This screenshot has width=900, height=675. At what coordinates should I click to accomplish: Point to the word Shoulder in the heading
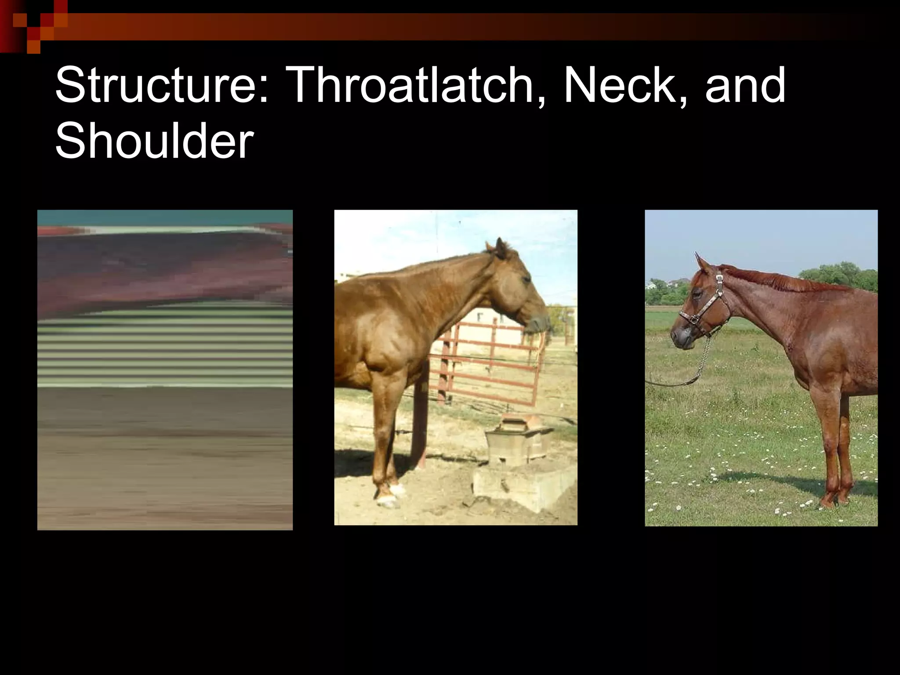click(x=154, y=141)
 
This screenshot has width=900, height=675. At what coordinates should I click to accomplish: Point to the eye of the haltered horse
click(x=697, y=294)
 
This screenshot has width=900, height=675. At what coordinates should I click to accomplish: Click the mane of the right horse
click(x=782, y=281)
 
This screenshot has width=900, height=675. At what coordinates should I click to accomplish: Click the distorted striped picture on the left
click(x=165, y=370)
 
